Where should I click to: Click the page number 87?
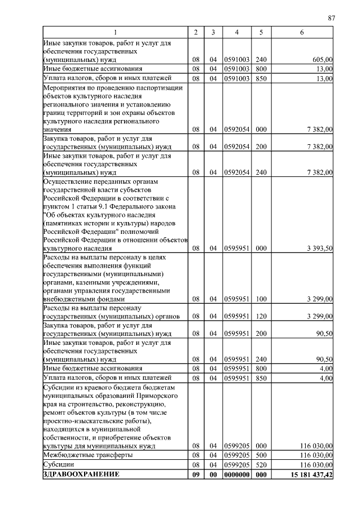[x=332, y=18]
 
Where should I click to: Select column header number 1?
[x=115, y=33]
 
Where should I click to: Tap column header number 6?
[x=302, y=33]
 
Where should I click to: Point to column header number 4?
[x=237, y=33]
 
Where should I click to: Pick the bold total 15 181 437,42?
[x=309, y=476]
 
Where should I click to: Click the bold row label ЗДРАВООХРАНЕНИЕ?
[x=82, y=475]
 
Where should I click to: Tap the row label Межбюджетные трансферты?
[x=88, y=455]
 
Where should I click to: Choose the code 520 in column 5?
[x=261, y=465]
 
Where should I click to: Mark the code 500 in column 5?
[x=261, y=455]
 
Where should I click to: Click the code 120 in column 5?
[x=261, y=316]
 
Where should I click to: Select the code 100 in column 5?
[x=261, y=300]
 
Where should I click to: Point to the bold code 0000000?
[x=237, y=476]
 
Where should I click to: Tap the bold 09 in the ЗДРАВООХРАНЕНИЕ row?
[x=195, y=476]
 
